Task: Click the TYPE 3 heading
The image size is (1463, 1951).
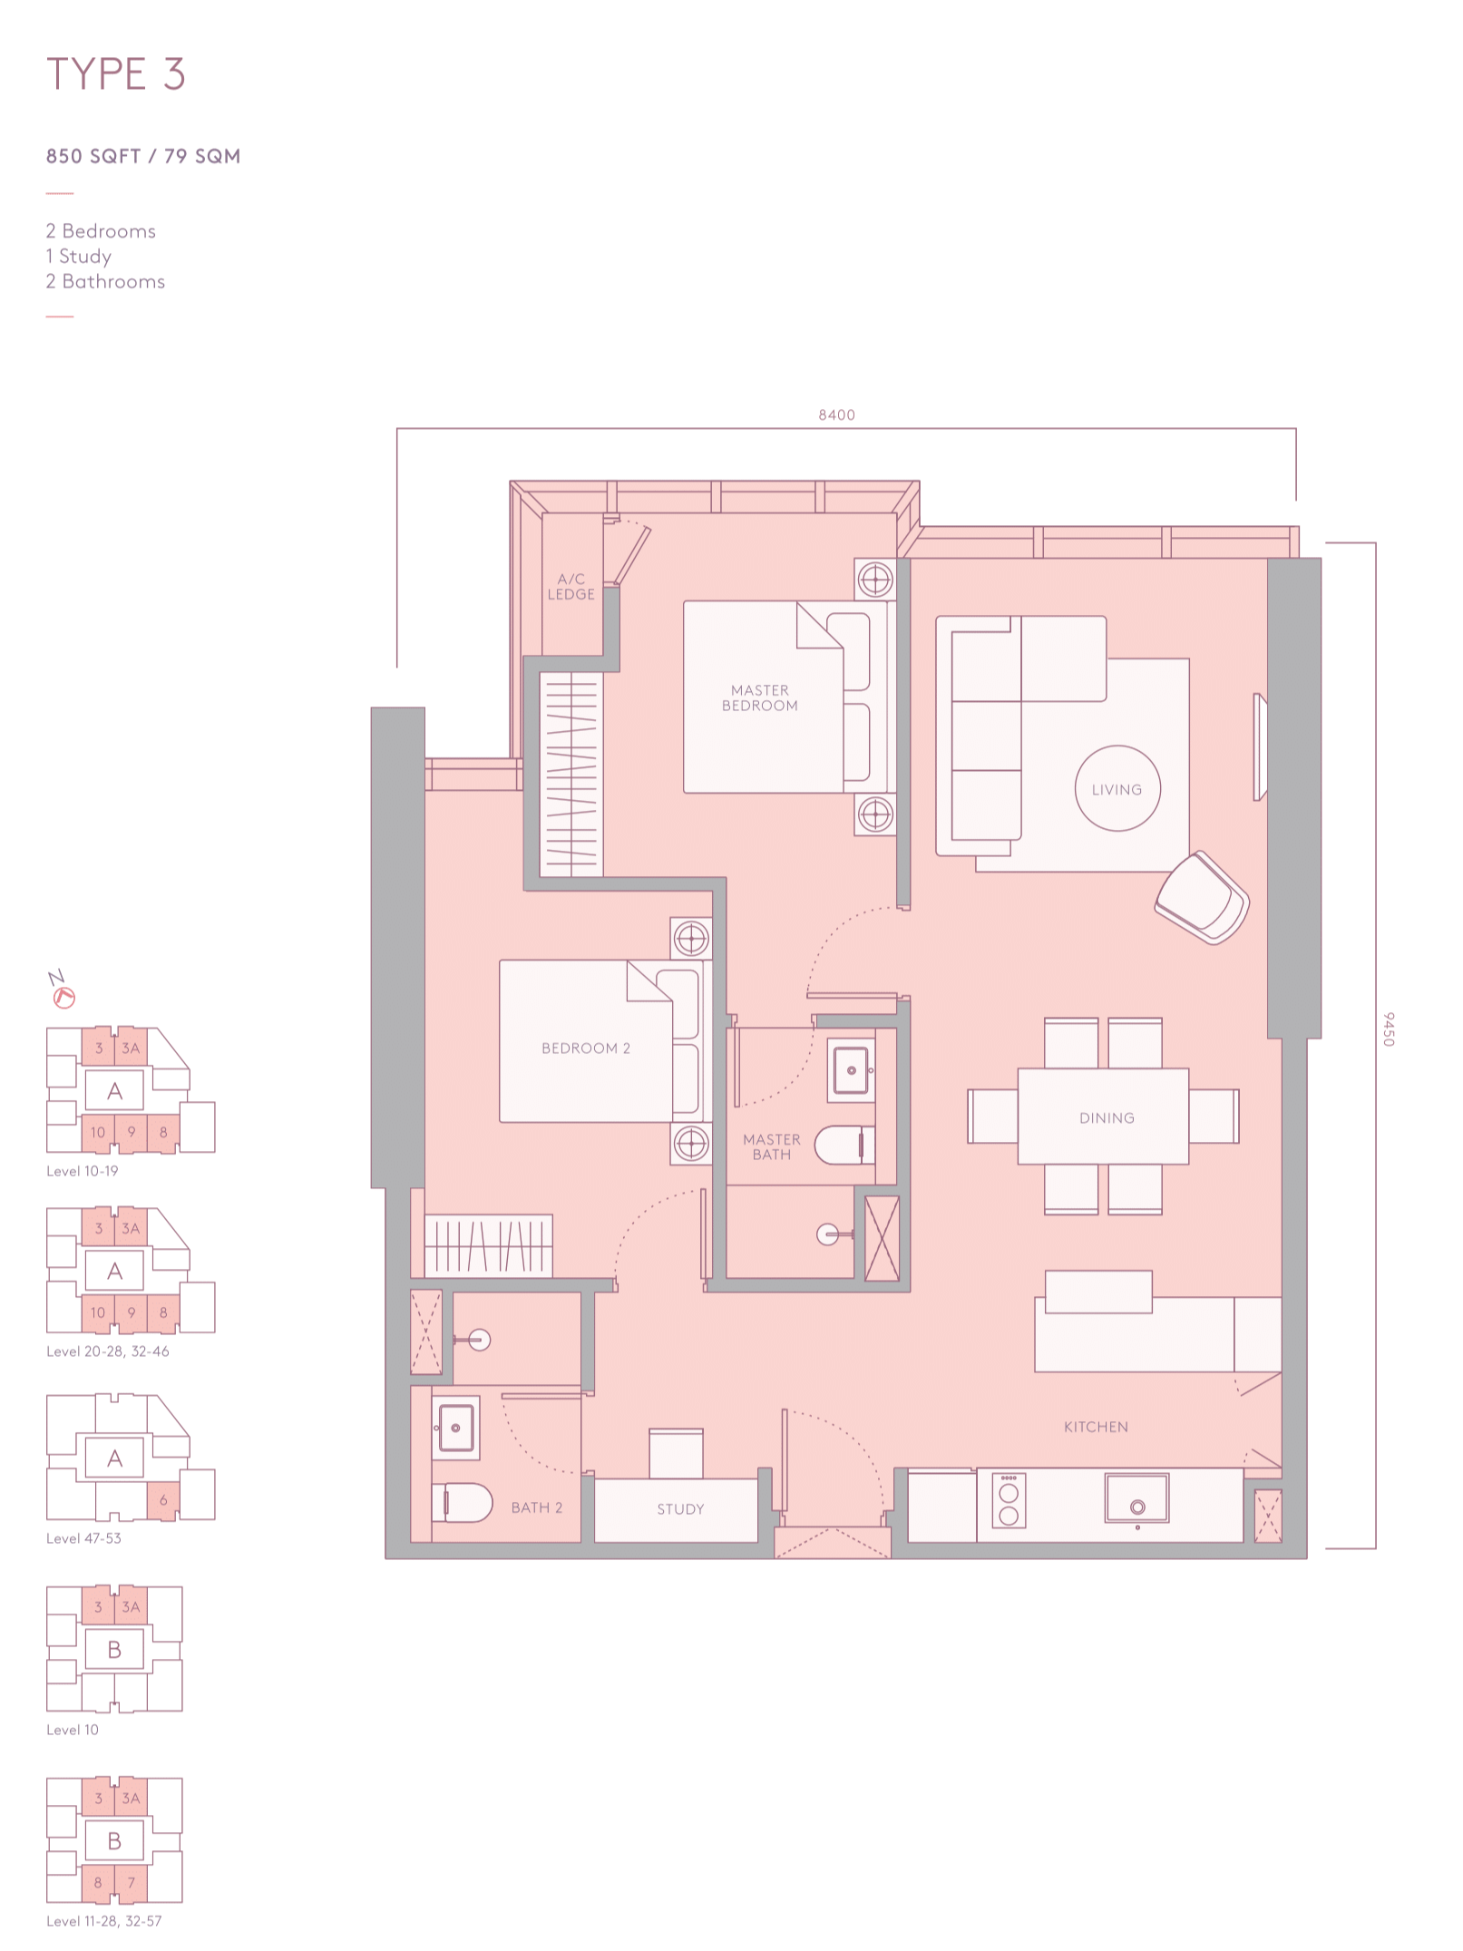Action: click(x=116, y=73)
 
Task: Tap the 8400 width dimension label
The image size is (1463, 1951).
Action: click(x=836, y=415)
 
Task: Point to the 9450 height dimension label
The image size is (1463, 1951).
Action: click(x=1388, y=1029)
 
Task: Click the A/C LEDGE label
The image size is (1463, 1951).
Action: click(x=571, y=586)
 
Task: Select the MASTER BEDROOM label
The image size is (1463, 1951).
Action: click(x=760, y=697)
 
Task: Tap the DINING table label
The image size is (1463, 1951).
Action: click(x=1107, y=1117)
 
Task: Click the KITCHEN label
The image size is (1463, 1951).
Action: click(x=1096, y=1427)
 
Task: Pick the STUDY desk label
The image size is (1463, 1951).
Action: click(x=680, y=1508)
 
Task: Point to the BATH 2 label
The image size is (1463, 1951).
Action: click(x=536, y=1507)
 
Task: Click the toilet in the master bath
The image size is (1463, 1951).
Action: click(x=844, y=1145)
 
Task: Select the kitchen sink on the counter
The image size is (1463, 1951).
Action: click(x=1136, y=1497)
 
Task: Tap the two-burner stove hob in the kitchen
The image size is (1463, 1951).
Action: click(x=1009, y=1500)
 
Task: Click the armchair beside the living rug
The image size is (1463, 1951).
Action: click(x=1203, y=897)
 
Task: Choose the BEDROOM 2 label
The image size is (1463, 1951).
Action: click(x=586, y=1048)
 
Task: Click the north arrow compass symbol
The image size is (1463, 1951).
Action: click(x=63, y=990)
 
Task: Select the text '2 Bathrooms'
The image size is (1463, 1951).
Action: click(x=105, y=281)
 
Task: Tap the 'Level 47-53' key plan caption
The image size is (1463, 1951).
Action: click(x=83, y=1538)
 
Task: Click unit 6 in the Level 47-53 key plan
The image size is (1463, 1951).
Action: click(x=163, y=1500)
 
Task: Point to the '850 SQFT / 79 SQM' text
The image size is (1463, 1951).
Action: click(x=143, y=156)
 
